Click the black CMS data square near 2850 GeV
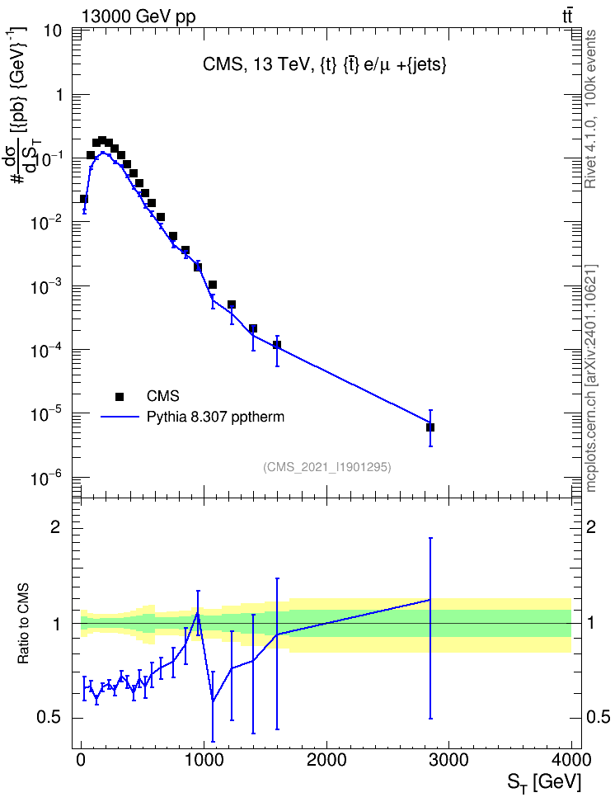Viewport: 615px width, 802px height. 430,427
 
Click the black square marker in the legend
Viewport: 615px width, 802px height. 120,396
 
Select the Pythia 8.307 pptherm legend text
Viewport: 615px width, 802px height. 215,418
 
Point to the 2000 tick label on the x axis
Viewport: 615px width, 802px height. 326,760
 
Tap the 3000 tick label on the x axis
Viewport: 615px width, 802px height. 448,760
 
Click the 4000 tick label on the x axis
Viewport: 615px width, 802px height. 571,760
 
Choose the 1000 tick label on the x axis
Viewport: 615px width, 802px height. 204,760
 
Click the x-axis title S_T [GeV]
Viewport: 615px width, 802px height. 544,782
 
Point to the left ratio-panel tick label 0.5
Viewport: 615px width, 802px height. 49,718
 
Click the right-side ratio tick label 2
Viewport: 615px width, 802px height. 590,526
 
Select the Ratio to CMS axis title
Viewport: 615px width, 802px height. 23,624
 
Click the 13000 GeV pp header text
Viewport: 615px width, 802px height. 138,17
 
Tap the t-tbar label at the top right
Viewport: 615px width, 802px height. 567,16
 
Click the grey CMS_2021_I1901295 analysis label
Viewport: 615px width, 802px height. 327,467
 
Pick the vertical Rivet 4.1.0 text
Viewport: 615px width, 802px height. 590,109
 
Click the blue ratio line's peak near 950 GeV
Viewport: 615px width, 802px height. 198,613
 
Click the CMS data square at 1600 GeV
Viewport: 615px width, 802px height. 277,345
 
